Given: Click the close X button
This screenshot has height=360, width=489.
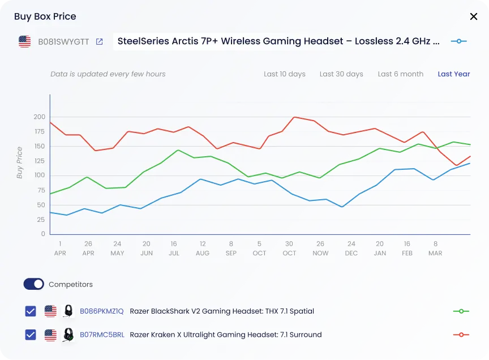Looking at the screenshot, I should coord(474,16).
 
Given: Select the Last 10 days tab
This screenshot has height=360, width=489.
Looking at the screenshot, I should coord(285,74).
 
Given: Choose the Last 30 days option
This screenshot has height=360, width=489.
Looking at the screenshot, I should coord(341,74).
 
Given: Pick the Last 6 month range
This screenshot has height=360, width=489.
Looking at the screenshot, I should coord(401,74).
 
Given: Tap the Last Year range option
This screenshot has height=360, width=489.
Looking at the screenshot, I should coord(454,74).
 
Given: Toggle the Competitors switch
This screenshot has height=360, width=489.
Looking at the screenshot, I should coord(34,284).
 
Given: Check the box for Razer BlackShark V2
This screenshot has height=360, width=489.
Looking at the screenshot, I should coord(31,311).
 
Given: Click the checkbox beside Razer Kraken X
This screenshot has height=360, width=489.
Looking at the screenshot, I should coord(31,335).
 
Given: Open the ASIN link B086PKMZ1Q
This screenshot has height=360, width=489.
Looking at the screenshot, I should coord(102,311).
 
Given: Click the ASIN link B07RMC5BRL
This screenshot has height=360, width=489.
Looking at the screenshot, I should coord(102,335).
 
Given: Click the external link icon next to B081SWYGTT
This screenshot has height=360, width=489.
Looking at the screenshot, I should coord(100,41).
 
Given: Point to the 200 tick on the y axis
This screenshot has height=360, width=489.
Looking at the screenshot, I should coord(39,117).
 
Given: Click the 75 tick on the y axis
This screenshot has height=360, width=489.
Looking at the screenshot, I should coord(41,190).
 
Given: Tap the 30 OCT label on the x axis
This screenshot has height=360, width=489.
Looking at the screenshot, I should coord(289,248).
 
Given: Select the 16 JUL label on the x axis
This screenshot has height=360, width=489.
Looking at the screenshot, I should coord(174,248).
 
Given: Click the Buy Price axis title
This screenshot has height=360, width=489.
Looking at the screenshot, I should coord(20,163).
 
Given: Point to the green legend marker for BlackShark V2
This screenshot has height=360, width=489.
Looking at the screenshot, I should coord(461,311).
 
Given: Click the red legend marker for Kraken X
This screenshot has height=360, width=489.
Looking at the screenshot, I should coord(461,335).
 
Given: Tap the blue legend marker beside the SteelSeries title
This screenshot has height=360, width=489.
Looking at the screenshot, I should coord(459,41).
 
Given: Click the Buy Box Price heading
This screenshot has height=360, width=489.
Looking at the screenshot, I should coord(45,16).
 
